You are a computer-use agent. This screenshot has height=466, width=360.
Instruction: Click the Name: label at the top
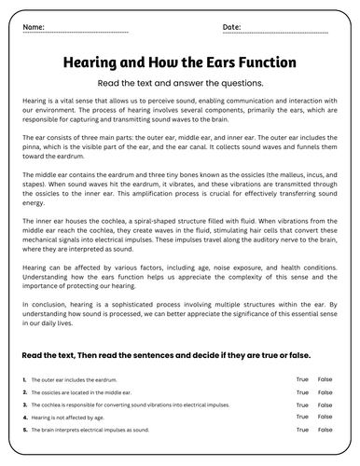(33, 28)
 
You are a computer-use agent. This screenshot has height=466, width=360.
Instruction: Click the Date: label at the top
(232, 28)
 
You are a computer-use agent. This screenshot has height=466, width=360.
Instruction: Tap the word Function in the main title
(264, 62)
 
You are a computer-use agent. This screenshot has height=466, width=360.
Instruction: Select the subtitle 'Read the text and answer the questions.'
(180, 82)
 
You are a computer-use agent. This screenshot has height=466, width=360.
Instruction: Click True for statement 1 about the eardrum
(302, 379)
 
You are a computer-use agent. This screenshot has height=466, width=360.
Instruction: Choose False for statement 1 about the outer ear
(325, 379)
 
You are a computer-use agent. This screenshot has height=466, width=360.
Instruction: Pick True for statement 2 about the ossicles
(302, 393)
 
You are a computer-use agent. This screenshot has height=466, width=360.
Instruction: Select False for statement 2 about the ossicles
(325, 393)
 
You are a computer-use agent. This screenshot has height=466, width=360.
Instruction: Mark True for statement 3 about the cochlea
(302, 406)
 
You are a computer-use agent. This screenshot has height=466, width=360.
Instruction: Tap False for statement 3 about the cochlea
(325, 406)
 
